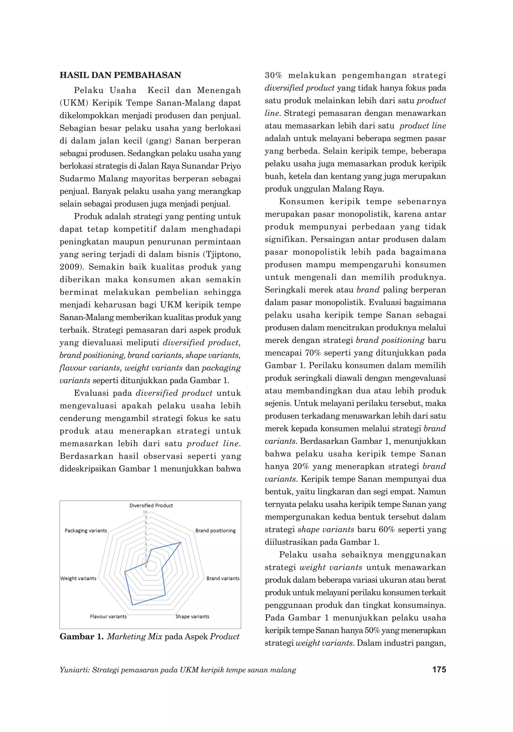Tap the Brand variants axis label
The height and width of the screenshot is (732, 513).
pos(223,578)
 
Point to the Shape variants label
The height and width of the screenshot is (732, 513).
pos(192,617)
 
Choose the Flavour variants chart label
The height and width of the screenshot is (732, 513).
pos(108,617)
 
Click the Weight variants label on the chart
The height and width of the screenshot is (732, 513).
pos(78,578)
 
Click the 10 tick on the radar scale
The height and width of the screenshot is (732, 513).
pos(145,512)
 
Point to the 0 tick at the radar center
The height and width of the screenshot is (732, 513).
pos(146,566)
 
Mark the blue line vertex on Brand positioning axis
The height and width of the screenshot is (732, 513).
pos(181,542)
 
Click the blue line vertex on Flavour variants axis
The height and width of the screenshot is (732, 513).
pos(132,605)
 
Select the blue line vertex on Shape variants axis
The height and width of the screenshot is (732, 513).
pos(165,595)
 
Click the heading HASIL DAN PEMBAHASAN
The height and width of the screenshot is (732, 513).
pos(120,75)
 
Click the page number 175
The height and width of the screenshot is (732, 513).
pos(439,669)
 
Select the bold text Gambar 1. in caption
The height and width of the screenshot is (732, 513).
pos(81,637)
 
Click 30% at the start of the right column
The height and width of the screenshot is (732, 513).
pos(274,76)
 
